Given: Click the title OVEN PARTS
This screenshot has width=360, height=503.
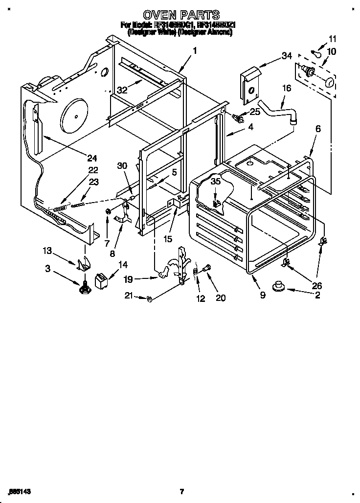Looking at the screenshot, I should tap(180, 15).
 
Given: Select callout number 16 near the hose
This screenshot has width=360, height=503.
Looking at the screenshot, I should tap(287, 89).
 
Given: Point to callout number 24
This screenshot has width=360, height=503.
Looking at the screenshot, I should tap(92, 158).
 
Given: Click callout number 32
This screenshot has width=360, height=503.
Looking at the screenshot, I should tap(122, 90).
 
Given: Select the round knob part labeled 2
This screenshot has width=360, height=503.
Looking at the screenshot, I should tap(281, 285).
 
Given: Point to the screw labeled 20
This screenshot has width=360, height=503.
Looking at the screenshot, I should tap(205, 268).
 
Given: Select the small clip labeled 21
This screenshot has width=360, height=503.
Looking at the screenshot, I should tap(149, 298).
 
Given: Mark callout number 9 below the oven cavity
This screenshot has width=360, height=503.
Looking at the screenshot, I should tap(263, 296).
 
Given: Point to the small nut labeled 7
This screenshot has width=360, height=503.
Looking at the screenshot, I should tap(106, 211).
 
